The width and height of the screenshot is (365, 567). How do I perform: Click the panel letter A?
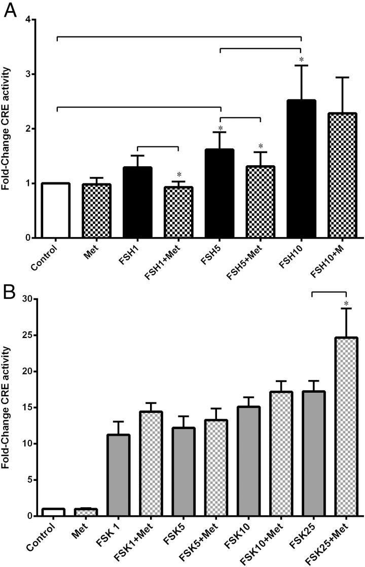[x=11, y=9]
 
